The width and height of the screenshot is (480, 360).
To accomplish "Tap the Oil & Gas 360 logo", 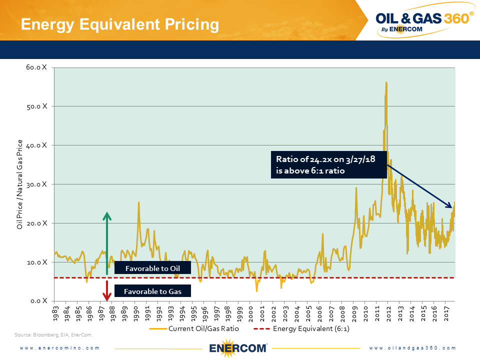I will (424, 21).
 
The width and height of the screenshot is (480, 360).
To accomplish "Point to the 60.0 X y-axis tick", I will (37, 67).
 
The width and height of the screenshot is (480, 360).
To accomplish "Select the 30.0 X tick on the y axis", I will (37, 184).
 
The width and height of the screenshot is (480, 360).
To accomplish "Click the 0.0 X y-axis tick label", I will (38, 300).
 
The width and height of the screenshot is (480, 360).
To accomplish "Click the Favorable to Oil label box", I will (152, 268).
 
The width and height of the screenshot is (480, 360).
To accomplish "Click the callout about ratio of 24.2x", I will (328, 164).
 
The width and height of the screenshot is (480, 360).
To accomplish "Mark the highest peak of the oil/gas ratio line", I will (386, 82).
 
